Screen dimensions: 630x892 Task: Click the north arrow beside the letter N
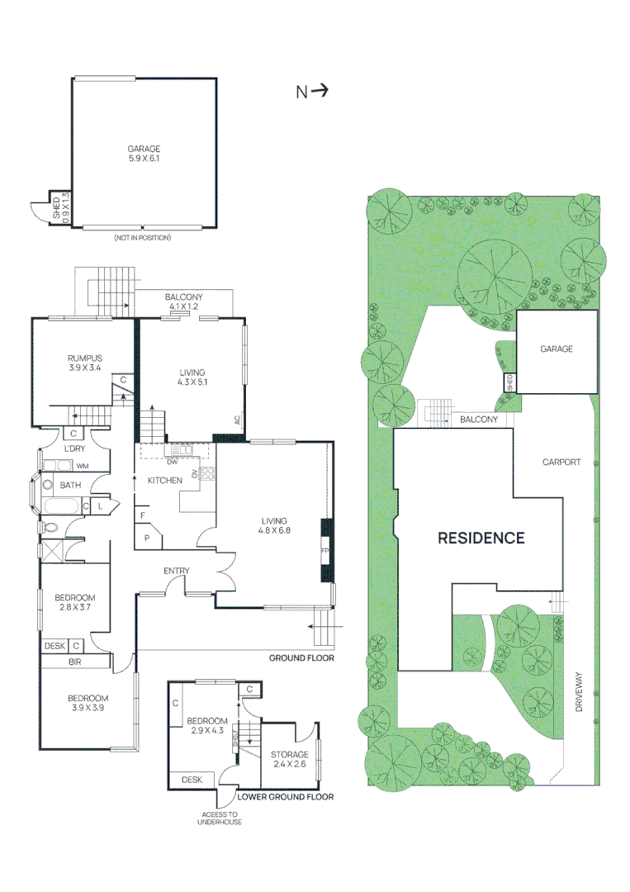320,89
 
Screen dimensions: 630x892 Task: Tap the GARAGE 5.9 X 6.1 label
144,154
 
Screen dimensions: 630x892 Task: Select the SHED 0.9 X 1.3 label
60,208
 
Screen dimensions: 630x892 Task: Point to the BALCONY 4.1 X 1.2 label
183,301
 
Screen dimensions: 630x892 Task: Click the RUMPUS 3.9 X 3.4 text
85,363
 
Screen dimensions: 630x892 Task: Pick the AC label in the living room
237,420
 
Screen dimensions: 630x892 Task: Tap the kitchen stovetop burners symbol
206,473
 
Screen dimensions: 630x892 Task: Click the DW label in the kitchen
173,462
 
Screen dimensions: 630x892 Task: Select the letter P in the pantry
147,538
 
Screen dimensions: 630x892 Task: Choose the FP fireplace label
325,551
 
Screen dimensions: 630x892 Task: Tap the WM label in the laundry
83,466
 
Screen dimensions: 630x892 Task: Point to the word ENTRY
176,571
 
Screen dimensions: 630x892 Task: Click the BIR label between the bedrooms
75,662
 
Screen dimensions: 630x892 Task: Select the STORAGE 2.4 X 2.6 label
290,759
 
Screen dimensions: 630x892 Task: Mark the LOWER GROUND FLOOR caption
286,796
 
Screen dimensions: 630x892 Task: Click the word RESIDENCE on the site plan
481,538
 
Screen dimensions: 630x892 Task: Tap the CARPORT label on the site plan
561,462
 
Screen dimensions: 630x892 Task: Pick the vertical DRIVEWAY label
579,691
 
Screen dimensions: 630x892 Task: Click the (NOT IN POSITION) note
142,237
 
